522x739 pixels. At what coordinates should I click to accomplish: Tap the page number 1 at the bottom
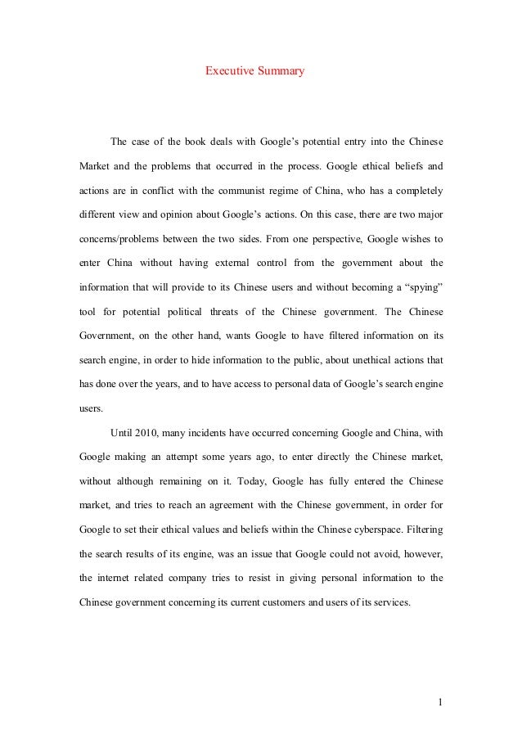439,701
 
